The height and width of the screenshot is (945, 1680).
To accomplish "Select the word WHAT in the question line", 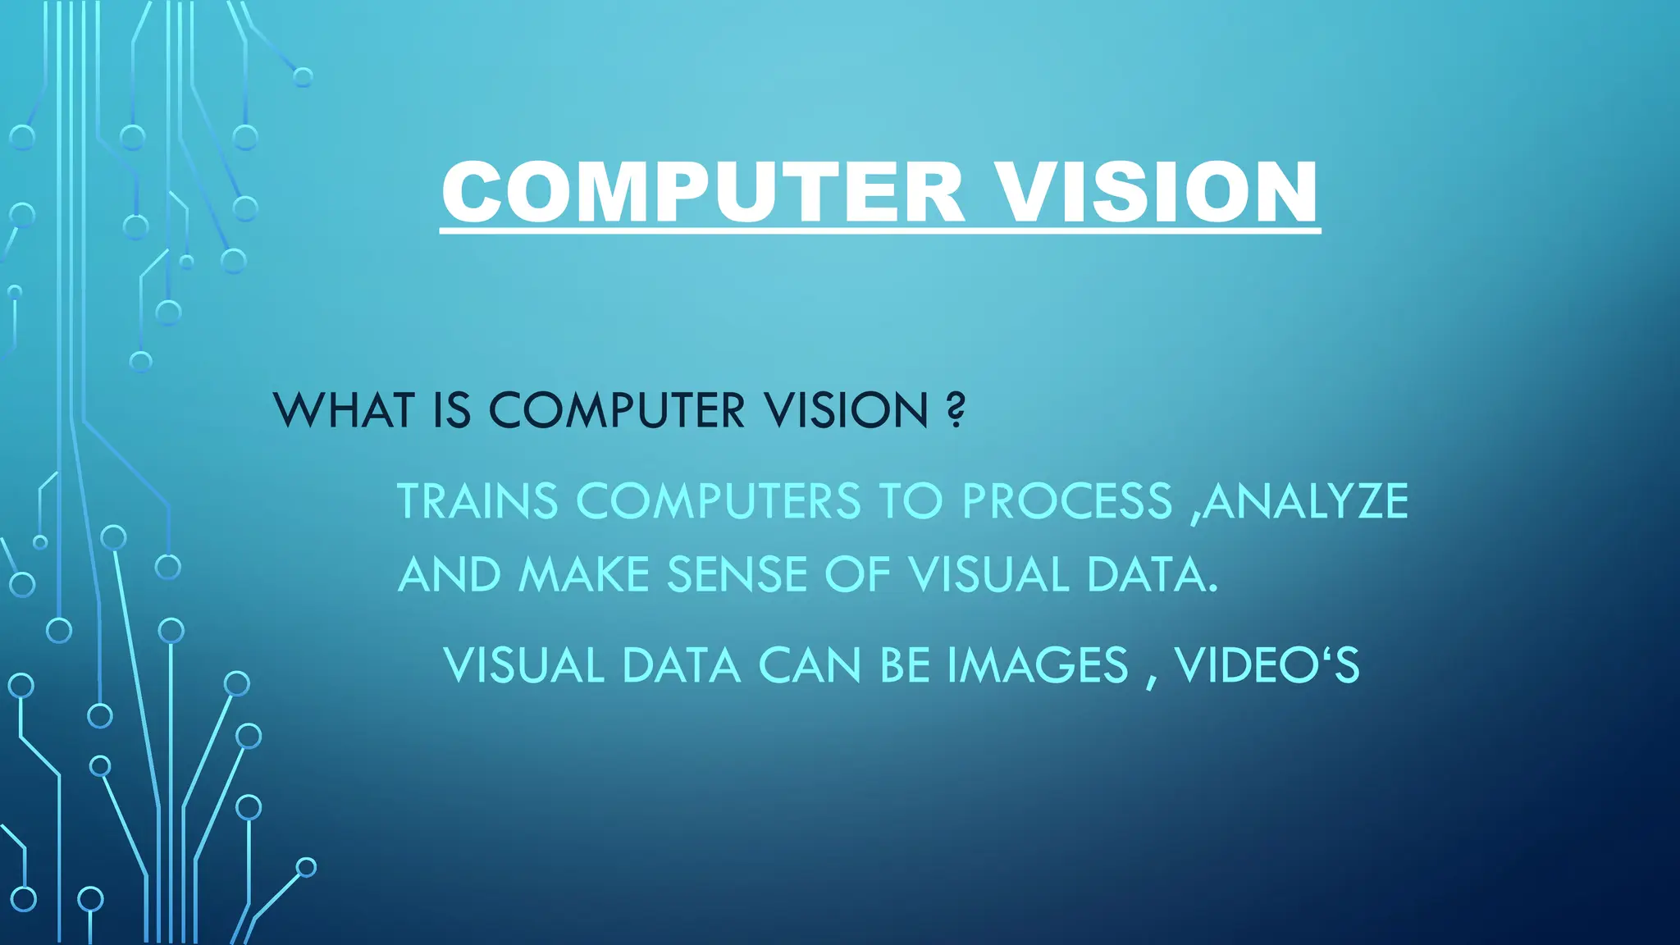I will click(343, 410).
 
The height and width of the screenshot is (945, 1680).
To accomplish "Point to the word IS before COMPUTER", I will click(451, 410).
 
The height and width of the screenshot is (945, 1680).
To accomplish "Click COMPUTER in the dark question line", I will click(617, 410).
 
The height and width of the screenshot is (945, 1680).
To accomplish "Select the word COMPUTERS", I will click(718, 501).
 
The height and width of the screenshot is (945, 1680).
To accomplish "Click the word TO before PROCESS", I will click(911, 501).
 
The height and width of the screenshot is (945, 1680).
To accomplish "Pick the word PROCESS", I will click(1067, 501).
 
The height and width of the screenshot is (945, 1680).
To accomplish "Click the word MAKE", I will click(584, 574).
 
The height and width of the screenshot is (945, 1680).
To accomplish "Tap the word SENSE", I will click(737, 574).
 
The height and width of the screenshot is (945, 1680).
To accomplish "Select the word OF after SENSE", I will click(857, 574).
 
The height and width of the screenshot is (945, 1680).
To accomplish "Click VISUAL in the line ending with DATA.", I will click(988, 574).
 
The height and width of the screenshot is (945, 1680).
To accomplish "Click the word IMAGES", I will click(1039, 665).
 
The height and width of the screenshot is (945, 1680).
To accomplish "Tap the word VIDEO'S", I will click(1267, 665).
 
